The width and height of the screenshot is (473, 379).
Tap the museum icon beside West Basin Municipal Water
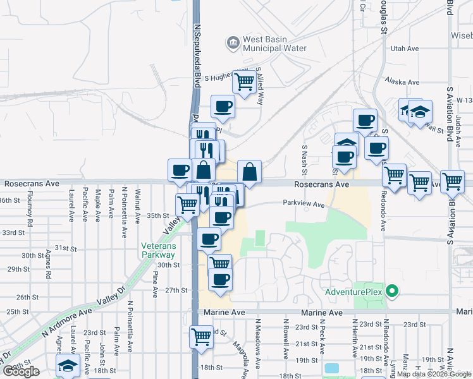232,42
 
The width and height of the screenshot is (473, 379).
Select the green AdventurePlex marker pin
391,292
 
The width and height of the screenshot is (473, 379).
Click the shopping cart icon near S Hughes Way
243,81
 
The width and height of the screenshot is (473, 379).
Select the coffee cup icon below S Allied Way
223,107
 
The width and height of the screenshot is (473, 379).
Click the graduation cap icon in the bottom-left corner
68,366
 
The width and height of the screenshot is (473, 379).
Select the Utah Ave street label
405,48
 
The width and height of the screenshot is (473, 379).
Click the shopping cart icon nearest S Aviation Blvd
452,181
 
